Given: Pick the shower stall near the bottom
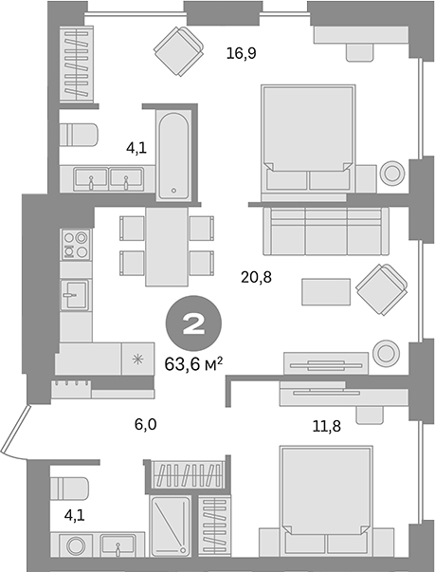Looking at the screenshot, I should tap(173, 530).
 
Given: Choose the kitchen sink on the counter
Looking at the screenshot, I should tap(74, 295).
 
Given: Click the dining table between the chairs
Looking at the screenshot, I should tap(166, 246).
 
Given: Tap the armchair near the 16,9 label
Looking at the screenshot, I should tap(179, 52).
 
